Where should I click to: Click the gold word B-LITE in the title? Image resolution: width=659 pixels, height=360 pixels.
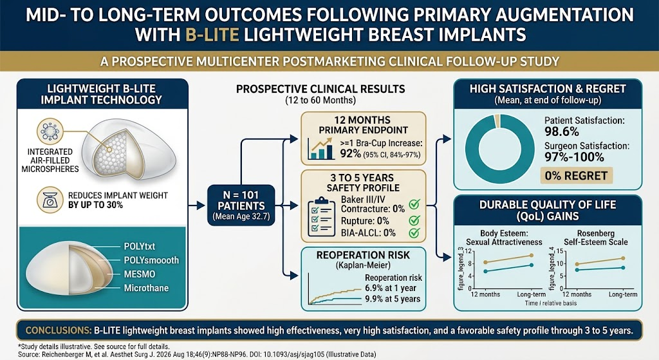coord(212,34)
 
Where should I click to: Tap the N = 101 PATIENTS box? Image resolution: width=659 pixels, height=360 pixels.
coord(241,205)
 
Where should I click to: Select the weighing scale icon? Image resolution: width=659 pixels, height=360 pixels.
coord(50,200)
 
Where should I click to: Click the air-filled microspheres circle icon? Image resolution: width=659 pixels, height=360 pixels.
coord(50,131)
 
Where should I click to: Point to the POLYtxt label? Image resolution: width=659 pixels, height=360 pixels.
coord(140,247)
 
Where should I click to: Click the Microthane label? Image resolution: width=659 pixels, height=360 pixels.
coord(146,288)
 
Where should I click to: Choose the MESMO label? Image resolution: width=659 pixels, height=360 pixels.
coord(140,274)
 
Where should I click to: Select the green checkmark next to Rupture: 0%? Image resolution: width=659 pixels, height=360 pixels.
coord(414,220)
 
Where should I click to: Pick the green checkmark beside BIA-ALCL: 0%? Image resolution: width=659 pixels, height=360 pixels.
coord(414,232)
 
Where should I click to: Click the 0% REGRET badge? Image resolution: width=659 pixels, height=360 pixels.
coord(576,175)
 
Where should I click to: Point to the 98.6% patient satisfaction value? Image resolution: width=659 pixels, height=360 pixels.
coord(562,131)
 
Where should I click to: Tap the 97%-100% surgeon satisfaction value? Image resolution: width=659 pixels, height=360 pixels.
coord(575,157)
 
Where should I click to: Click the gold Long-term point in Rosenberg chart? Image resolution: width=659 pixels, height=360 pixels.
coord(623,258)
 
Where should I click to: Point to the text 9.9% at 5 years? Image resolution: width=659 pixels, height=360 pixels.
coord(393,299)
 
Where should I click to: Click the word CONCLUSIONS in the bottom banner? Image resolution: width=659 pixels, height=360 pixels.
coord(59,330)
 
